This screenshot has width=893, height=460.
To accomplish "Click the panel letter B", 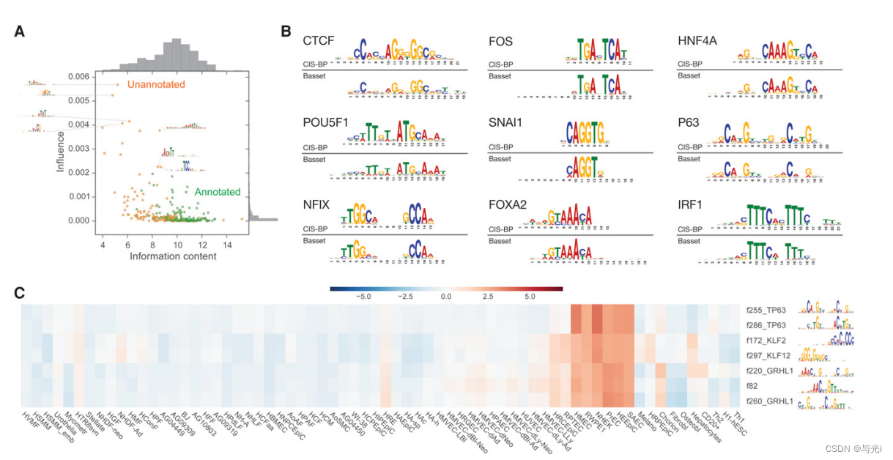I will point(286,31).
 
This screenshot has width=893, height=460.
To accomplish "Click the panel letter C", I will point(20,292).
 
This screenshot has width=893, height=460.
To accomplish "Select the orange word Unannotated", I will point(156,85).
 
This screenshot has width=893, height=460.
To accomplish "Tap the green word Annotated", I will point(217,192).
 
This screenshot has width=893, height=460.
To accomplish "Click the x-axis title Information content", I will point(172,256).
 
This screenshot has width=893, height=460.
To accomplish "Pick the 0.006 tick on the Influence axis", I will point(78,76).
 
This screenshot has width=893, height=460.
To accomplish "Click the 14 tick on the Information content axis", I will point(227,243).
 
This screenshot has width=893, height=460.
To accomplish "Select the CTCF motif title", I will point(319,40).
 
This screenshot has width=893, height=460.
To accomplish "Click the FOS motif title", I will point(500,40).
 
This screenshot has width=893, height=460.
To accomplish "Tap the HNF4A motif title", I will point(697,40).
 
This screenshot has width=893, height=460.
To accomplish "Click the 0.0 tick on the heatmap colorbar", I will point(445,297).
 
